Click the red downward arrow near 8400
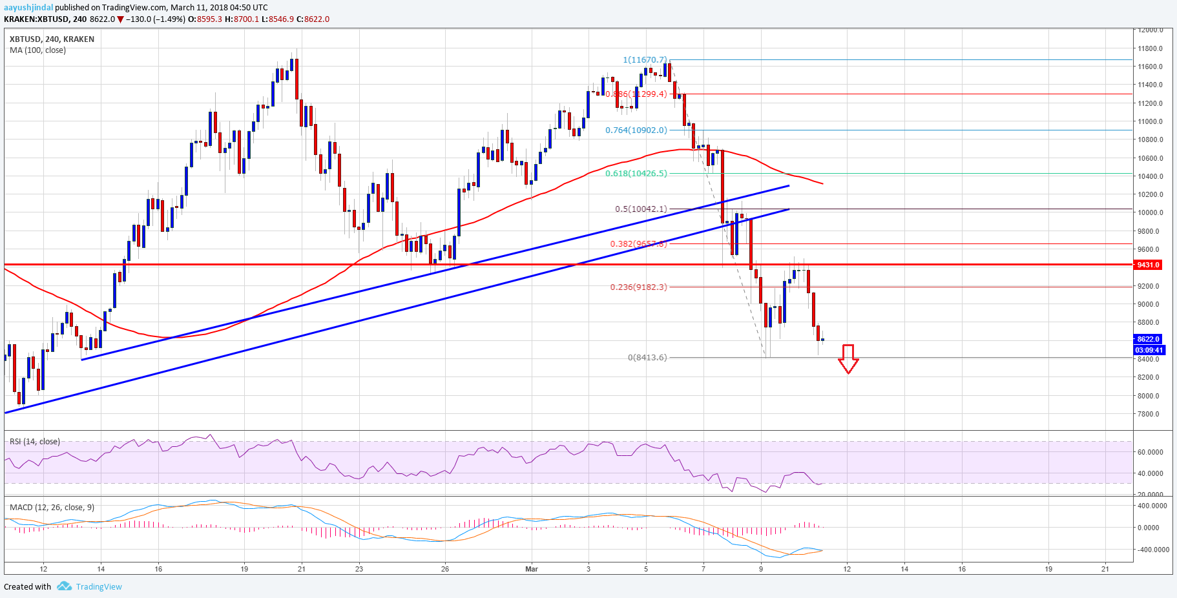pyautogui.click(x=848, y=359)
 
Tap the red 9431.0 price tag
pyautogui.click(x=1148, y=265)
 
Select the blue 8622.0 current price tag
pyautogui.click(x=1148, y=339)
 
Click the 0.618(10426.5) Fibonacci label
pyautogui.click(x=636, y=174)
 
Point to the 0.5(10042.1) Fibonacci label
pyautogui.click(x=640, y=209)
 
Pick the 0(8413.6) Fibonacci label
pyautogui.click(x=647, y=358)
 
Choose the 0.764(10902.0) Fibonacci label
pyautogui.click(x=636, y=130)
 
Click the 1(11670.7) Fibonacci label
pyautogui.click(x=645, y=60)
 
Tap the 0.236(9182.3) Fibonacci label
pyautogui.click(x=638, y=287)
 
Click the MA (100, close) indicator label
pyautogui.click(x=37, y=50)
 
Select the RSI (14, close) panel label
pyautogui.click(x=35, y=442)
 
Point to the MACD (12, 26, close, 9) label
pyautogui.click(x=52, y=508)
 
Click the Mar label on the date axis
pyautogui.click(x=532, y=569)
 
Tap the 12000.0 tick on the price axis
pyautogui.click(x=1151, y=30)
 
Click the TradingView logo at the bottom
pyautogui.click(x=90, y=586)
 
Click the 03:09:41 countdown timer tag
pyautogui.click(x=1149, y=350)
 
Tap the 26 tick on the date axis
pyautogui.click(x=445, y=569)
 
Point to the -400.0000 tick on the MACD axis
pyautogui.click(x=1153, y=550)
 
